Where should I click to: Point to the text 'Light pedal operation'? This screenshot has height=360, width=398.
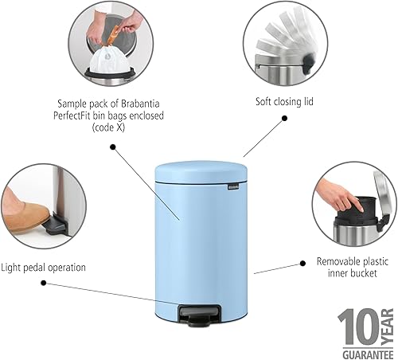click(43, 267)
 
